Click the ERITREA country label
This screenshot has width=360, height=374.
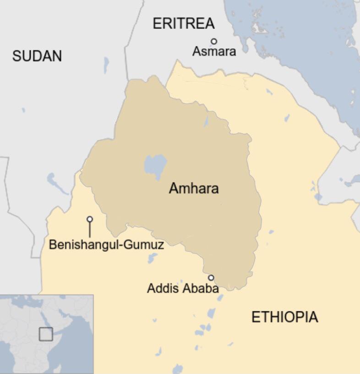click(183, 23)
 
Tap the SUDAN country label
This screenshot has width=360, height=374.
click(37, 56)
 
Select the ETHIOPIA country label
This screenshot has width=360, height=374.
click(284, 317)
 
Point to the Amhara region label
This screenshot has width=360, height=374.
click(194, 188)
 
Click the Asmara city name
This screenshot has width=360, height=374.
click(214, 51)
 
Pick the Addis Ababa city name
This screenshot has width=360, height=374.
click(182, 289)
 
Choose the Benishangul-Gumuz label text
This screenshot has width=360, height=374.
click(106, 245)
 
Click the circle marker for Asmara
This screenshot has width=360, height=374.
click(214, 41)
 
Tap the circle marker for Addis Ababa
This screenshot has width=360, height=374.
click(211, 277)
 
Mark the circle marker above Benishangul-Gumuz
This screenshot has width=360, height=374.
click(90, 219)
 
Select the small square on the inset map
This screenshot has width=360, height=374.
click(46, 334)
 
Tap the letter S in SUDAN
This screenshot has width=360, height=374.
click(16, 56)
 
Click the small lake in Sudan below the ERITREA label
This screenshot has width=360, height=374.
click(106, 65)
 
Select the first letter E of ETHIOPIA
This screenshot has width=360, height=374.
click(256, 317)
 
